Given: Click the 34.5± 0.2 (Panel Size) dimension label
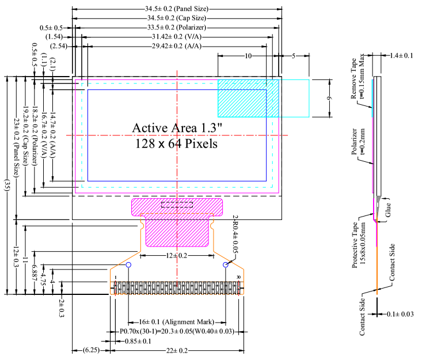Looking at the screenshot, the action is point(177,9).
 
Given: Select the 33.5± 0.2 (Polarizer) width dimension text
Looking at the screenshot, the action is point(177,28).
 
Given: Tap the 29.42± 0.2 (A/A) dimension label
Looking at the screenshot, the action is point(177,46).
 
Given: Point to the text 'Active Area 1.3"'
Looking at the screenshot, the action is point(177,128).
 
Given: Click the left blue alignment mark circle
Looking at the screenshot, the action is point(128,264).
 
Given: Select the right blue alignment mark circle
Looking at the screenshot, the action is point(225,264).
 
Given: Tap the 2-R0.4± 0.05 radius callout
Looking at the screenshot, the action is point(235,234).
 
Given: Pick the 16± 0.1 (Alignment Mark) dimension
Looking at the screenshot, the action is point(177,322).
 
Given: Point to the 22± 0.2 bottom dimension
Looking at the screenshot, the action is point(177,350).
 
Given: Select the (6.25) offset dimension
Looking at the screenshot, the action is point(91,350).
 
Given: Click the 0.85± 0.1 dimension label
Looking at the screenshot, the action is point(138,341).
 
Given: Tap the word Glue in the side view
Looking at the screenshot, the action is point(388,210).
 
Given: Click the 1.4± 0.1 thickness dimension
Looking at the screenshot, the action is point(401,55).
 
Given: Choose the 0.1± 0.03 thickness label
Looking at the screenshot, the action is point(400,314).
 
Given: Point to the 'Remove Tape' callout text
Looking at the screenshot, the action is point(353,78).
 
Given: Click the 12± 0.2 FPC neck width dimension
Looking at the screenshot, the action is point(177,256).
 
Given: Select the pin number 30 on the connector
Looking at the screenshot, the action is point(238,277).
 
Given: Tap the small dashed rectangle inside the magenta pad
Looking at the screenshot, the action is point(177,204).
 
